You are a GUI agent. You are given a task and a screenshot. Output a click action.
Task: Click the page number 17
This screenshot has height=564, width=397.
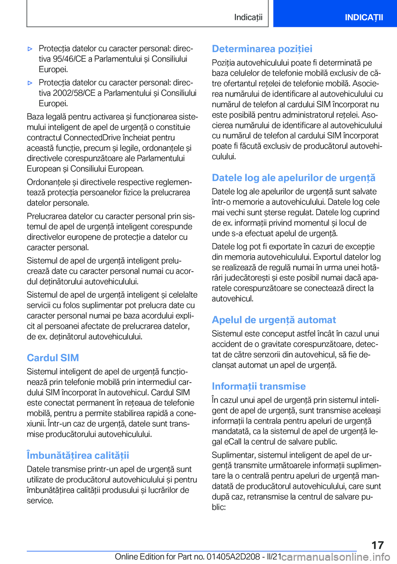(377, 545)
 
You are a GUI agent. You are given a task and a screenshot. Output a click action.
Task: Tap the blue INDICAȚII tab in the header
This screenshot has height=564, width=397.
(364, 17)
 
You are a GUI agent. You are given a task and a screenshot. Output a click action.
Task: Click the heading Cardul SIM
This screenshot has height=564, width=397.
(53, 358)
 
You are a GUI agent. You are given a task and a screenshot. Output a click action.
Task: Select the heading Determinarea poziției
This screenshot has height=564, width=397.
(262, 49)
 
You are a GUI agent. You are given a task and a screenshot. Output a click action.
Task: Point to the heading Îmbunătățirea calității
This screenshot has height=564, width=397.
(78, 456)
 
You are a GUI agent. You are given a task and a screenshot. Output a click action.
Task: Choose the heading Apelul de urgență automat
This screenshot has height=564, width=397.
(274, 320)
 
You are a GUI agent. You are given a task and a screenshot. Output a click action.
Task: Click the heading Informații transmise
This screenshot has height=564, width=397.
(258, 386)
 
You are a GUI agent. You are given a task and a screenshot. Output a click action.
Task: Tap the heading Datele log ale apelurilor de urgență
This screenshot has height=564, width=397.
(293, 178)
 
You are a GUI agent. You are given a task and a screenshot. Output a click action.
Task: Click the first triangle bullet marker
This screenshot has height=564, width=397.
(30, 49)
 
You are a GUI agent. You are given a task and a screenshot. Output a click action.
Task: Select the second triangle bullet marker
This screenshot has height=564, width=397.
(30, 83)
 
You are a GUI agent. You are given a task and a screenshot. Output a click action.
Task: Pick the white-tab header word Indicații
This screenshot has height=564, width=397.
(248, 17)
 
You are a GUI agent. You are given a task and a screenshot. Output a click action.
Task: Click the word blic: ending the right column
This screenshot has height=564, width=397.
(219, 507)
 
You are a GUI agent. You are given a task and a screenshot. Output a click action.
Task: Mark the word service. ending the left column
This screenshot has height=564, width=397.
(40, 501)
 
